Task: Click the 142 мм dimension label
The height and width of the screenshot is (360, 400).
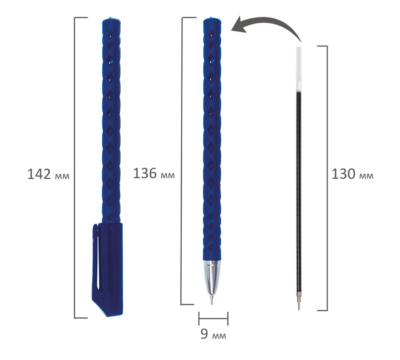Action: tap(48, 174)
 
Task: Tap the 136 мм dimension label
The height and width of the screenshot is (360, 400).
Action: tap(154, 174)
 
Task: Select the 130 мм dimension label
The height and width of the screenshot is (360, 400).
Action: tap(353, 174)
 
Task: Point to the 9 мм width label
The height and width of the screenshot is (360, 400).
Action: tap(213, 334)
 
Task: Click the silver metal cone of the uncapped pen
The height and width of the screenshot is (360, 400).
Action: tap(212, 277)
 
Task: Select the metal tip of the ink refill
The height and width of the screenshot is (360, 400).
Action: tap(298, 302)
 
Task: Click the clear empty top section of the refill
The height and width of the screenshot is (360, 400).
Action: tap(298, 69)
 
